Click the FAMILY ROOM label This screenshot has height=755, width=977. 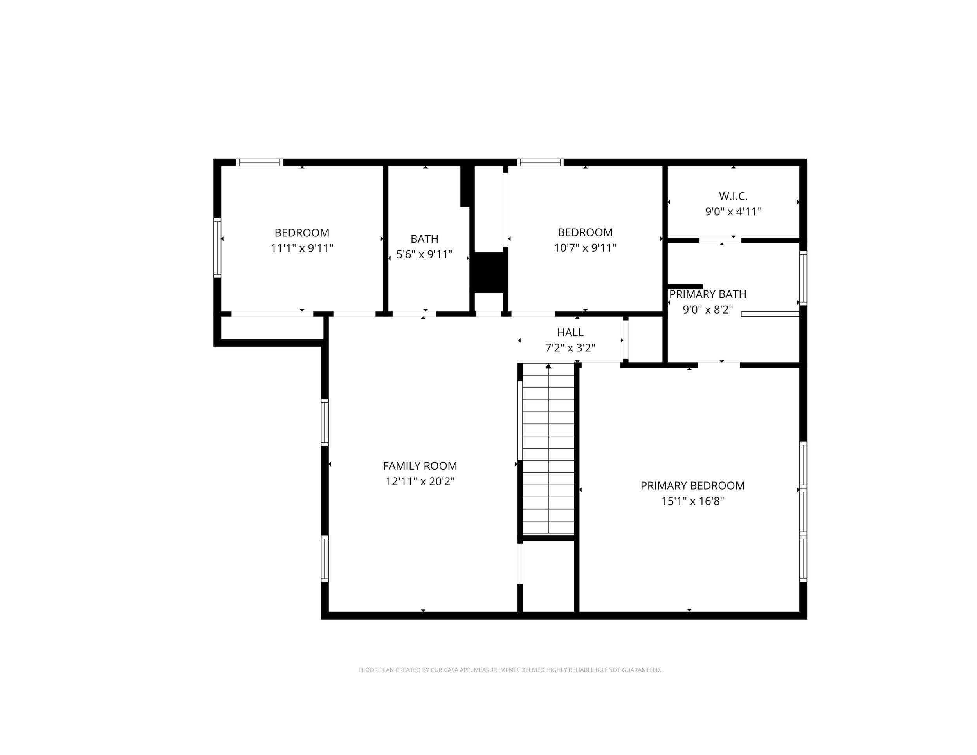click(420, 466)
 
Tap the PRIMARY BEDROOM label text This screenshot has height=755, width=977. click(692, 486)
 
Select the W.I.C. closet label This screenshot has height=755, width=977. click(733, 196)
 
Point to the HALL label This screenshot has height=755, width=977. click(570, 332)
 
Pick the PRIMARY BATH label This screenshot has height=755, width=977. click(708, 294)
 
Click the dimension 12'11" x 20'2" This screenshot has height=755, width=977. click(420, 481)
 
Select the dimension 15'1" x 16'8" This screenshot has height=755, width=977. click(692, 501)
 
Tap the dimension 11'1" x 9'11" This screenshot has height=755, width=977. click(302, 248)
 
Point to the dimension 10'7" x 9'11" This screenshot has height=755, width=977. click(585, 247)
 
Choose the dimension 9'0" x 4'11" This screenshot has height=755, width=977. click(733, 212)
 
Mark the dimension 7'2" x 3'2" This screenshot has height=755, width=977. click(570, 348)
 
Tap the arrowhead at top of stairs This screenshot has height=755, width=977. click(548, 366)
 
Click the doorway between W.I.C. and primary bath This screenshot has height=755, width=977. click(720, 241)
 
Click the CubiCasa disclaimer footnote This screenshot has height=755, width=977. click(510, 670)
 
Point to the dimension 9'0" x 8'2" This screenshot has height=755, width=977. click(708, 310)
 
